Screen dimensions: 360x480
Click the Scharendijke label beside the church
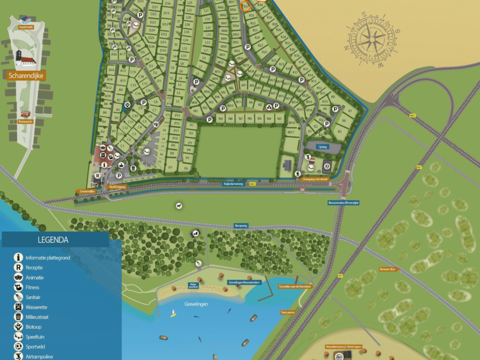tap(27, 76)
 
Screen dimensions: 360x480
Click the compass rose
tap(372, 41)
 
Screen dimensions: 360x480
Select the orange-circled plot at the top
tap(246, 6)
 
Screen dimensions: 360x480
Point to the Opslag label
tap(322, 146)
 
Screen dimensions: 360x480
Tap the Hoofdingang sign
tap(117, 187)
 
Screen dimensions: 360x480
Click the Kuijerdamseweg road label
tap(234, 184)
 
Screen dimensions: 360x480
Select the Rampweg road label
tap(241, 225)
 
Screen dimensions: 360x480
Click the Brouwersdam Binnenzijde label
tap(344, 202)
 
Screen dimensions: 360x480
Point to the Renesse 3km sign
tap(388, 269)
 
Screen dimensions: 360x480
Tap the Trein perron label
tap(288, 312)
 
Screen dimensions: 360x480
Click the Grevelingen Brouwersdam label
tap(244, 282)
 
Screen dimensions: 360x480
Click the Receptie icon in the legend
tap(18, 267)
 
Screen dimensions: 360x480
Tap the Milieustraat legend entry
tap(37, 317)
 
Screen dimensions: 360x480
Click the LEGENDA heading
tap(53, 240)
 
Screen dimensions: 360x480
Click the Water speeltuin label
tap(193, 286)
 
